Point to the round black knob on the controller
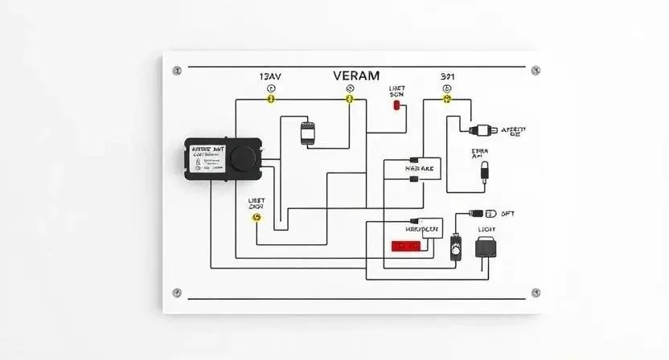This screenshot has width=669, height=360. point(242,157)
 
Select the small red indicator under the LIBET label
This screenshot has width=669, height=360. point(396,105)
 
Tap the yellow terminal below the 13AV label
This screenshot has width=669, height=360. point(271,99)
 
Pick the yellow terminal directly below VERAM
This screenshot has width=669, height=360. point(349,99)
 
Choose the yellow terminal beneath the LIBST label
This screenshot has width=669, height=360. point(257,217)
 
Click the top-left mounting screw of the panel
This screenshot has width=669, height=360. point(177,70)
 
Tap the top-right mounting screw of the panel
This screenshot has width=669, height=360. point(536,70)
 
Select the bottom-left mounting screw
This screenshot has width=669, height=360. point(177,292)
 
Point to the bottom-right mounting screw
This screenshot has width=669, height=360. point(536,292)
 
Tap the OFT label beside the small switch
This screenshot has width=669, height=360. point(507,214)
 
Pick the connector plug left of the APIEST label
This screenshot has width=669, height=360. point(478,129)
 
